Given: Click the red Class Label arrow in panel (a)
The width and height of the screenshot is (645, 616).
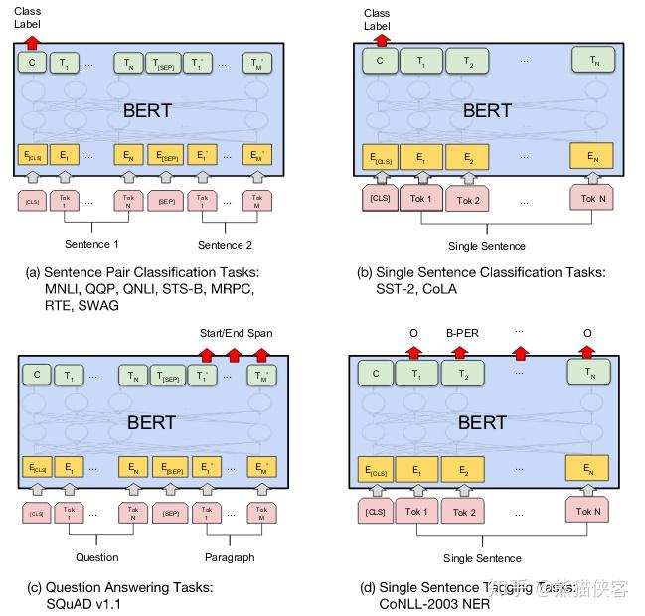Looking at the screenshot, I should click(x=31, y=42).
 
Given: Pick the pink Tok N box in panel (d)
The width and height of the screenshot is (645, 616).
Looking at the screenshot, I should click(x=590, y=511).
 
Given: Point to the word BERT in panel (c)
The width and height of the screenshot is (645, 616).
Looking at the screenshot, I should click(x=151, y=423).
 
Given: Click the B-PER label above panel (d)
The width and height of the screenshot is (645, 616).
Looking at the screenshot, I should click(x=461, y=334).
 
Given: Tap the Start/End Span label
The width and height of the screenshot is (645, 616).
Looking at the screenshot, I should click(x=235, y=334).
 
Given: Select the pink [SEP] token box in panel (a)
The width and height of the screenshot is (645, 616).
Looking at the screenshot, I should click(x=164, y=201).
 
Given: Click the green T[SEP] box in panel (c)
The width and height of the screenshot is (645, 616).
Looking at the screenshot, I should click(x=164, y=375).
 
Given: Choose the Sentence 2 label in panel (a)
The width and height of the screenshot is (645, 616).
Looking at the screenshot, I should click(x=226, y=245).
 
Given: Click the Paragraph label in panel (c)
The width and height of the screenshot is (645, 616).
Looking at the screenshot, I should click(x=229, y=557).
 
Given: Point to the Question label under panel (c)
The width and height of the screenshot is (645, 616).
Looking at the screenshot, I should click(x=96, y=557).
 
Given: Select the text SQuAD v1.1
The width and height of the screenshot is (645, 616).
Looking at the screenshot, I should click(x=83, y=603).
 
